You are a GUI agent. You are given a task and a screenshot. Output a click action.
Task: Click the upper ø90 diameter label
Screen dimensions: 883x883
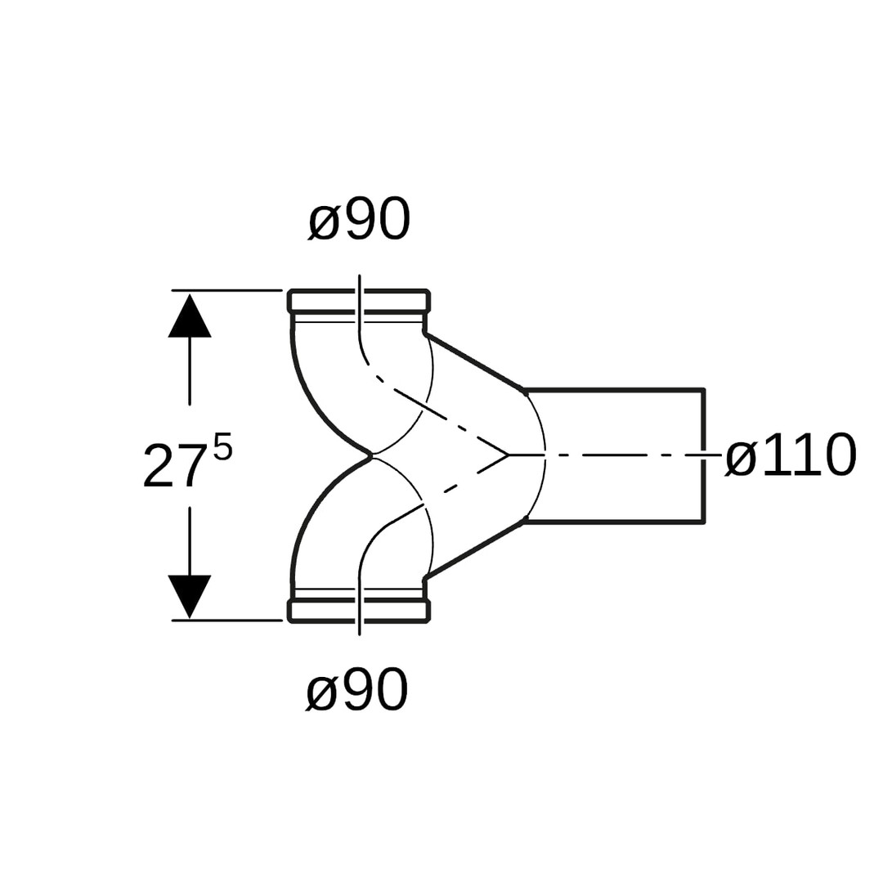359,219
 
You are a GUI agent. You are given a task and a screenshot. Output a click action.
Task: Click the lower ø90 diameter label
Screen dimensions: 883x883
356,690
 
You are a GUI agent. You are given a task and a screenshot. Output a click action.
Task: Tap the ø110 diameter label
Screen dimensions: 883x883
791,455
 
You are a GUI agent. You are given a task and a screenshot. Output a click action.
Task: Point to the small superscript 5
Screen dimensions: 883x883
223,447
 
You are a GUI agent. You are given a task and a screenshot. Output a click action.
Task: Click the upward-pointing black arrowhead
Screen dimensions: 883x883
190,317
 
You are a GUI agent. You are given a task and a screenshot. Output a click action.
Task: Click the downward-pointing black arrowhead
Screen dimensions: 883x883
190,595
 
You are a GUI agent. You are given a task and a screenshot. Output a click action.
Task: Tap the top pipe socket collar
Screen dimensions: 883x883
359,301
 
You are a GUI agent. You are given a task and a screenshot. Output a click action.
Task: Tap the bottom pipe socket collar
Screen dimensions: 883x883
359,611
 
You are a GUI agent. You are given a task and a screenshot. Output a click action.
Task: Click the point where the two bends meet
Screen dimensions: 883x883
370,455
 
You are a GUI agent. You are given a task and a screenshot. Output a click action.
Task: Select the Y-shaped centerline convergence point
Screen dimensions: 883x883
509,455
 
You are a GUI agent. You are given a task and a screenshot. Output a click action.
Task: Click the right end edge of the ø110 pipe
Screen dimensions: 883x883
703,425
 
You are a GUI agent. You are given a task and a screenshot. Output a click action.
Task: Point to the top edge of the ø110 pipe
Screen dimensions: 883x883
613,390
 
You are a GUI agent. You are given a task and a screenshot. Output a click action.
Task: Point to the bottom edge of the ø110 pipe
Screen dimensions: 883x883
613,522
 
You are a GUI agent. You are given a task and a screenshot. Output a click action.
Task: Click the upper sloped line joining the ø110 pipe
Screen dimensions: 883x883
474,361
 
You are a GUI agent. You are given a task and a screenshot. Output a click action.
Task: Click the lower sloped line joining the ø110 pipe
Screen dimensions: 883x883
474,551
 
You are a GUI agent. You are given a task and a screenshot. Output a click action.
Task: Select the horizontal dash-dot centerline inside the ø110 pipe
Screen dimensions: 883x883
613,455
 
